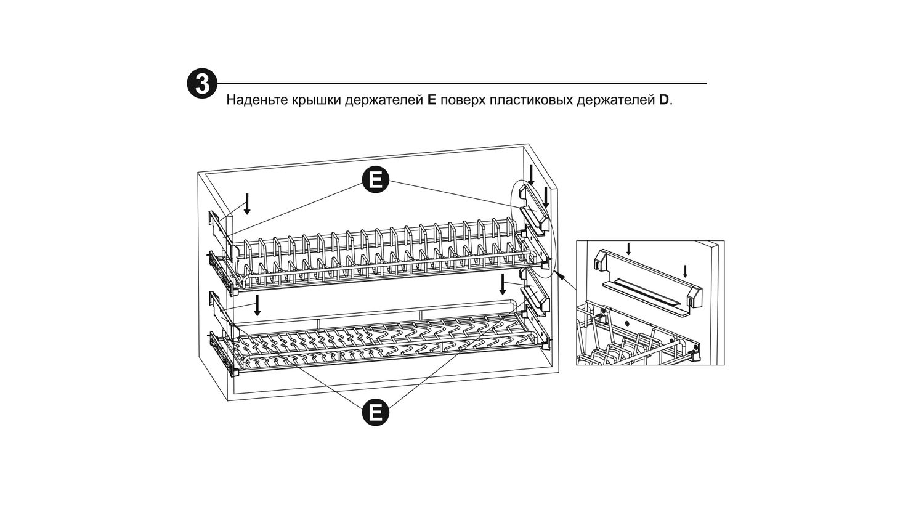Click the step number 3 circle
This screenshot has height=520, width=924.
tap(202, 83)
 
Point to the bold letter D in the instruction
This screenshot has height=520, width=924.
tap(663, 100)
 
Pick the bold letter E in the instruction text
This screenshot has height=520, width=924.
tap(431, 100)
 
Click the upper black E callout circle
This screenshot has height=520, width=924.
tap(375, 180)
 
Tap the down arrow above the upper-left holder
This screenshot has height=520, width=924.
tap(247, 203)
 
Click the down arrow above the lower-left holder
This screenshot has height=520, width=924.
tap(258, 305)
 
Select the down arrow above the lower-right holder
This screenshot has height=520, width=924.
tap(503, 285)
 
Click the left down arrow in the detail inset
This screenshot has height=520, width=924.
tap(628, 249)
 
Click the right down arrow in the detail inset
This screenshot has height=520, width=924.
tap(685, 271)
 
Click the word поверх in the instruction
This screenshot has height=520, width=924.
tap(462, 100)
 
